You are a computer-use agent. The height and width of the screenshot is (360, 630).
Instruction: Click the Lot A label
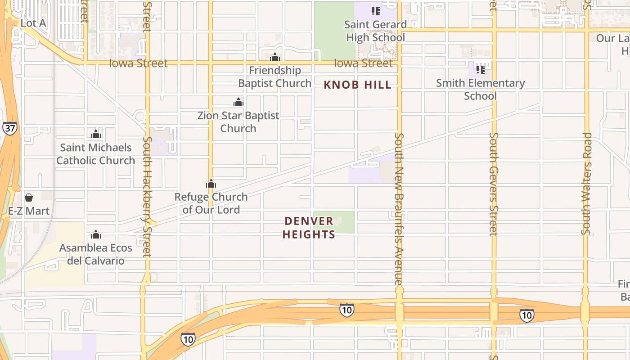pyautogui.click(x=33, y=23)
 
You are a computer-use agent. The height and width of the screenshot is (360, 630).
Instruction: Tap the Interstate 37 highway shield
pyautogui.click(x=9, y=128)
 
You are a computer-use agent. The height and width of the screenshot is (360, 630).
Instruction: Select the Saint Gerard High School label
pyautogui.click(x=375, y=31)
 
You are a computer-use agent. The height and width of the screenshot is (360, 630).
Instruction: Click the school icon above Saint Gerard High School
pyautogui.click(x=375, y=11)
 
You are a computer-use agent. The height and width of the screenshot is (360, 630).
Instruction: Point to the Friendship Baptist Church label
pyautogui.click(x=274, y=77)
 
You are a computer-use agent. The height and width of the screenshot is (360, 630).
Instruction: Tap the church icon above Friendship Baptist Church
pyautogui.click(x=275, y=57)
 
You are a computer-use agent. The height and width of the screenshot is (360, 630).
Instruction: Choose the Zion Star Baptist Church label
pyautogui.click(x=238, y=122)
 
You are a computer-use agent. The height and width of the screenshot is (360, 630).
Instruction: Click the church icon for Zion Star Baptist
pyautogui.click(x=238, y=102)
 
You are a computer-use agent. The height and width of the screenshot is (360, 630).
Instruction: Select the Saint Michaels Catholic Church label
pyautogui.click(x=95, y=154)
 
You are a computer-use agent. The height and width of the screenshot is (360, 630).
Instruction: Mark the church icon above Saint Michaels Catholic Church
pyautogui.click(x=95, y=134)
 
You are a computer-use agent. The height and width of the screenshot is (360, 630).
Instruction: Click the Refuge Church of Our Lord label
pyautogui.click(x=211, y=203)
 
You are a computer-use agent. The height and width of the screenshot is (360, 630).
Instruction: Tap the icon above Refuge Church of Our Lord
pyautogui.click(x=211, y=184)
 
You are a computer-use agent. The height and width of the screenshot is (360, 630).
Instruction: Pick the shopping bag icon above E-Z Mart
pyautogui.click(x=29, y=198)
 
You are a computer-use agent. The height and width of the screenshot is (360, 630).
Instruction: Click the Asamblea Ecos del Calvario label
pyautogui.click(x=96, y=254)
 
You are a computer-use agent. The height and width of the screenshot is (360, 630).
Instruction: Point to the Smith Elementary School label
pyautogui.click(x=480, y=90)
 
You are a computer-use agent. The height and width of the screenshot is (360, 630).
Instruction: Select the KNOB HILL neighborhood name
pyautogui.click(x=358, y=85)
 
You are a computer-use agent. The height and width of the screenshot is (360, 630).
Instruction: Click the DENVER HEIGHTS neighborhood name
pyautogui.click(x=309, y=228)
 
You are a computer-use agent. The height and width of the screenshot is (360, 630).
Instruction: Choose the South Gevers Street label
pyautogui.click(x=494, y=184)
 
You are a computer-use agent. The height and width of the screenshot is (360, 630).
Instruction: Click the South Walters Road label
pyautogui.click(x=586, y=183)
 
